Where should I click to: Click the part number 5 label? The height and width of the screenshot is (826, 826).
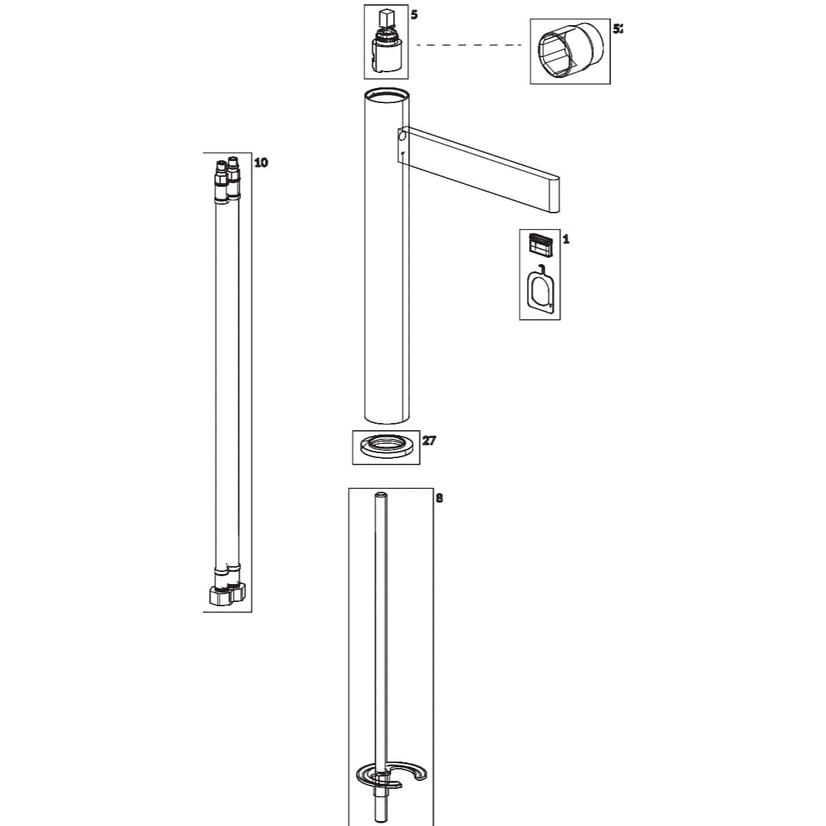[x=414, y=14]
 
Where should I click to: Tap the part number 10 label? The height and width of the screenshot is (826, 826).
[x=261, y=162]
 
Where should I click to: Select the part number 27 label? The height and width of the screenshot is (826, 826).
[x=429, y=440]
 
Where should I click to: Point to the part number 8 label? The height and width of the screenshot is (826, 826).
[x=439, y=497]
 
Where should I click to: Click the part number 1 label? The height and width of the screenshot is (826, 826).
[x=565, y=239]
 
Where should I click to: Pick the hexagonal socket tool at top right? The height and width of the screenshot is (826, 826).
[x=570, y=51]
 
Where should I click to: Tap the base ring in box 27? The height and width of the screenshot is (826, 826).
[x=387, y=447]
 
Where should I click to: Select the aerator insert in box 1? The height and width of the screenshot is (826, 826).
[x=540, y=245]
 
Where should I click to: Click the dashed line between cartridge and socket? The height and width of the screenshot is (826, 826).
[x=470, y=46]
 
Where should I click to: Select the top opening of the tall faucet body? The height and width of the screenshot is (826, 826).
[x=387, y=94]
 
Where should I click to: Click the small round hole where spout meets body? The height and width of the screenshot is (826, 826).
[x=402, y=135]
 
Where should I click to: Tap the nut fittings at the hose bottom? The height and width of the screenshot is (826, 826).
[x=226, y=593]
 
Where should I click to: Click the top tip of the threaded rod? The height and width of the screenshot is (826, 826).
[x=381, y=494]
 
